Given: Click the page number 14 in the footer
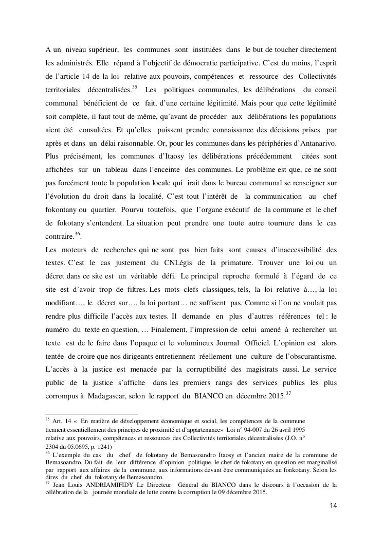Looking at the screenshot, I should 334,505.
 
